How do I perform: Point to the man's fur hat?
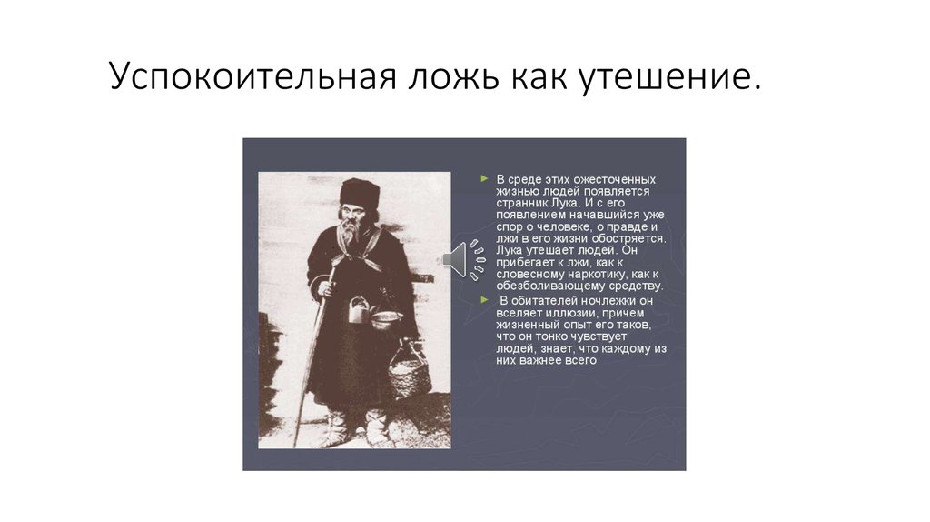click(x=360, y=192)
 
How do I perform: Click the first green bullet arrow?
click(x=485, y=179)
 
